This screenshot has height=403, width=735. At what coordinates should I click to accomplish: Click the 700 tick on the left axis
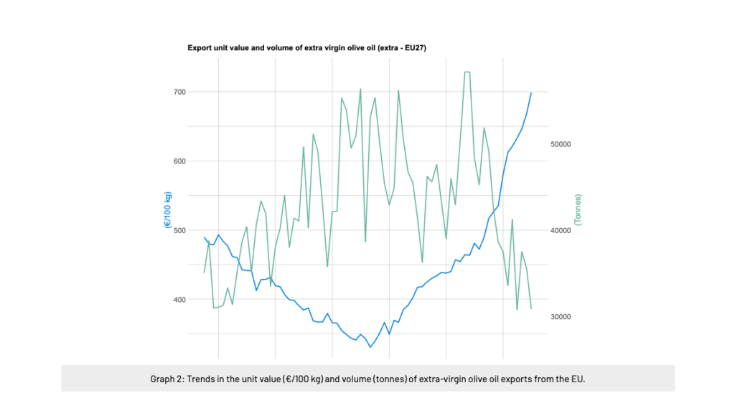[x=177, y=92]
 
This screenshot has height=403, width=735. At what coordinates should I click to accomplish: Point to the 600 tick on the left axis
[x=177, y=161]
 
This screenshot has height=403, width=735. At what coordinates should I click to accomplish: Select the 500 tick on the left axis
[x=177, y=230]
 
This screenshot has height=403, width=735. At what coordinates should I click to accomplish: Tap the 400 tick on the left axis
[x=177, y=299]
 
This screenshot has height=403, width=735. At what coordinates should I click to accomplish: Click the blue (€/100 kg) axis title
[x=167, y=209]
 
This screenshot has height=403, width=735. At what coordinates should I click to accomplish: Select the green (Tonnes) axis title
[x=578, y=209]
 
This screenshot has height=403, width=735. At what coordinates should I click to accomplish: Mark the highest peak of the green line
[x=467, y=72]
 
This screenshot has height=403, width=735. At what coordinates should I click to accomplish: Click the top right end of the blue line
[x=531, y=93]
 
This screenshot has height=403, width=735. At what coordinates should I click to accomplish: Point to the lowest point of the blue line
[x=370, y=347]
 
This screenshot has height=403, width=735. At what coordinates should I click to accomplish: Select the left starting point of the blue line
[x=205, y=237]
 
